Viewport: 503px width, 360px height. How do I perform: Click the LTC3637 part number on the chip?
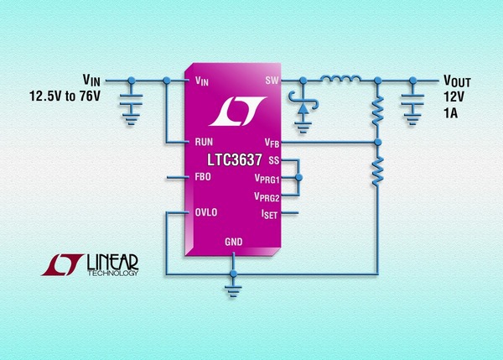tap(236, 159)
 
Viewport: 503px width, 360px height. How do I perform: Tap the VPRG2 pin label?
tap(266, 197)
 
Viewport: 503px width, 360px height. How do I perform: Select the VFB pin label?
tap(270, 143)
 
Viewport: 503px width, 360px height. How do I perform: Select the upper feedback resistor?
tap(377, 110)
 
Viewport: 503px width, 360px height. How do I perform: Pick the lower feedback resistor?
tap(377, 167)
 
